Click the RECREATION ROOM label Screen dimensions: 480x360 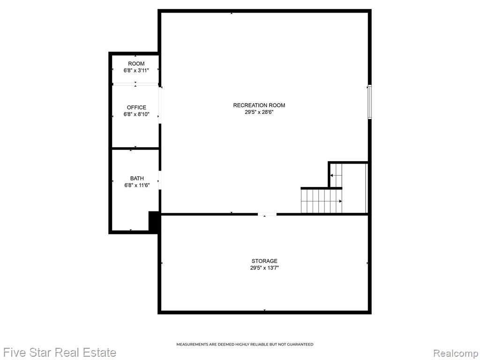[x=259, y=105]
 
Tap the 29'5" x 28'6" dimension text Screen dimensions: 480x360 [x=259, y=112]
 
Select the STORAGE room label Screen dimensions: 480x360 [x=264, y=261]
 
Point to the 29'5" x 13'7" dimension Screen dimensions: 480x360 [x=264, y=268]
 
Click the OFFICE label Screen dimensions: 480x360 [x=136, y=107]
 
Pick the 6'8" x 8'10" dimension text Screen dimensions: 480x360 [x=136, y=114]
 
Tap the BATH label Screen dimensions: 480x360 [x=137, y=179]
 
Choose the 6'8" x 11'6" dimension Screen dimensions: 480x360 [x=137, y=185]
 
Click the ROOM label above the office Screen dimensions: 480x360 [x=136, y=64]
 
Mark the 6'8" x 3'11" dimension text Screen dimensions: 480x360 [x=136, y=71]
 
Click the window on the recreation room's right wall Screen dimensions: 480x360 [x=369, y=102]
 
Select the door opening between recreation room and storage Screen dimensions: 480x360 [x=267, y=214]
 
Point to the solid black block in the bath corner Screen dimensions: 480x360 [x=153, y=221]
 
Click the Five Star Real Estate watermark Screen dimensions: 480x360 [x=59, y=352]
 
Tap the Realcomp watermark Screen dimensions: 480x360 [x=456, y=353]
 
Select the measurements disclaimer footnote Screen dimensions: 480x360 [x=245, y=345]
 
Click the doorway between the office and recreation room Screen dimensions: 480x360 [x=160, y=105]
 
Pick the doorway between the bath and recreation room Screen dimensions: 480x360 [x=160, y=180]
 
